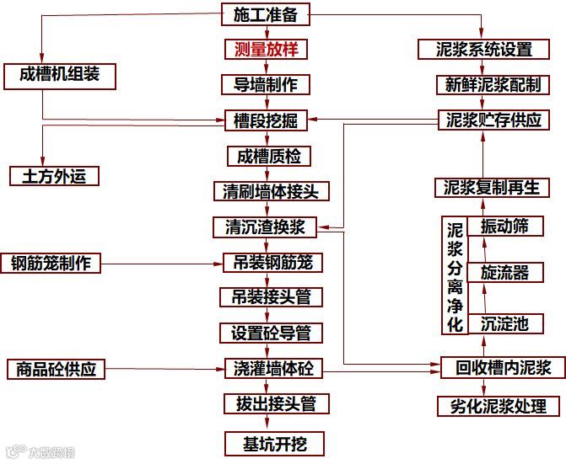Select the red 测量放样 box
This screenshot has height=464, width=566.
266,49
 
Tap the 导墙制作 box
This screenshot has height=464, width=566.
266,84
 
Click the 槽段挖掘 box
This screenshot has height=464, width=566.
266,121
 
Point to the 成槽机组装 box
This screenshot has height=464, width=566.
59,75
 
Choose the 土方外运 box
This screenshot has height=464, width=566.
54,176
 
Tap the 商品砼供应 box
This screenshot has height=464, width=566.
57,368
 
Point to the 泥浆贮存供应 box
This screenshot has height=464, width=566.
493,120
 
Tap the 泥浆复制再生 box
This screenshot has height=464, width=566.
492,187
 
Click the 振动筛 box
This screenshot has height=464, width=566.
504,227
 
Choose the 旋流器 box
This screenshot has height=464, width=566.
504,272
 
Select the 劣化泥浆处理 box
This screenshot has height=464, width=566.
498,406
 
